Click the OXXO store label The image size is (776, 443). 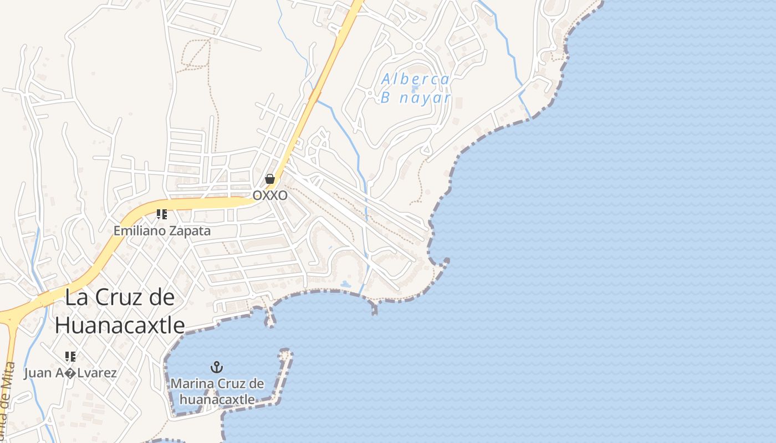click(x=270, y=195)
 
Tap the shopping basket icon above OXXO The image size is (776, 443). click(x=270, y=179)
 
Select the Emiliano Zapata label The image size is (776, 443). click(x=162, y=230)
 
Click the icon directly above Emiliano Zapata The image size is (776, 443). click(x=162, y=214)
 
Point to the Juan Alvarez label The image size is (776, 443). click(x=70, y=373)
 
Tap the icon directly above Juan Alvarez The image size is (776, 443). click(x=70, y=357)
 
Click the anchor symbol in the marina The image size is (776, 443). click(x=217, y=367)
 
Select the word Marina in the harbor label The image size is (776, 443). click(x=192, y=383)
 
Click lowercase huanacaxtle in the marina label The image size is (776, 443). click(x=217, y=399)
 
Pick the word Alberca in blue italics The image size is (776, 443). click(x=416, y=79)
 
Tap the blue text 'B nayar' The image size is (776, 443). click(x=416, y=99)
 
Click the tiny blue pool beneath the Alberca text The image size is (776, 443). click(x=415, y=89)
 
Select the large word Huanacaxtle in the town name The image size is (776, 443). click(x=120, y=325)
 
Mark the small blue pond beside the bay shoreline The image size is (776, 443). click(x=345, y=285)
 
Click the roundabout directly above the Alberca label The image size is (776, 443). click(x=418, y=46)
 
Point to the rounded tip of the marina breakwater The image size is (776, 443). click(x=286, y=352)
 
